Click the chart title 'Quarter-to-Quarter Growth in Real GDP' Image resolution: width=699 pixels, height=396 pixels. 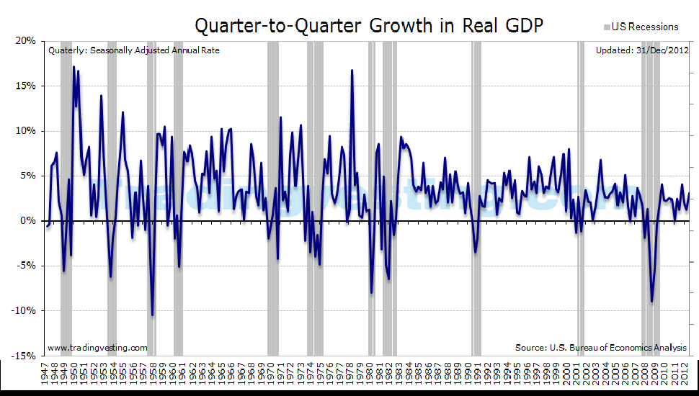(369, 25)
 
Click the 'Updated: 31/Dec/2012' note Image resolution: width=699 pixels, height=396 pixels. (642, 50)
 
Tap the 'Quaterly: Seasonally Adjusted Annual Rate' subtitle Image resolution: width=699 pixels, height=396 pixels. (134, 50)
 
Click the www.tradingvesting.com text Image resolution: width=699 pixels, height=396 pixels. (97, 348)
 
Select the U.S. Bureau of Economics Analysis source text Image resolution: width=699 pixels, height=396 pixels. (601, 348)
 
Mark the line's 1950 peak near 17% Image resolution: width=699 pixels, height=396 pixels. (74, 67)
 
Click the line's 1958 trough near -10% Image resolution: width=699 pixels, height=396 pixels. (152, 315)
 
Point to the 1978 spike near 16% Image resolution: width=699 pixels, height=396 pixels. (352, 70)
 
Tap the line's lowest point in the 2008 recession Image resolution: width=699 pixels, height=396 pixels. (651, 302)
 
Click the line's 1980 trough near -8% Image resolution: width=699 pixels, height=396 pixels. (371, 293)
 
